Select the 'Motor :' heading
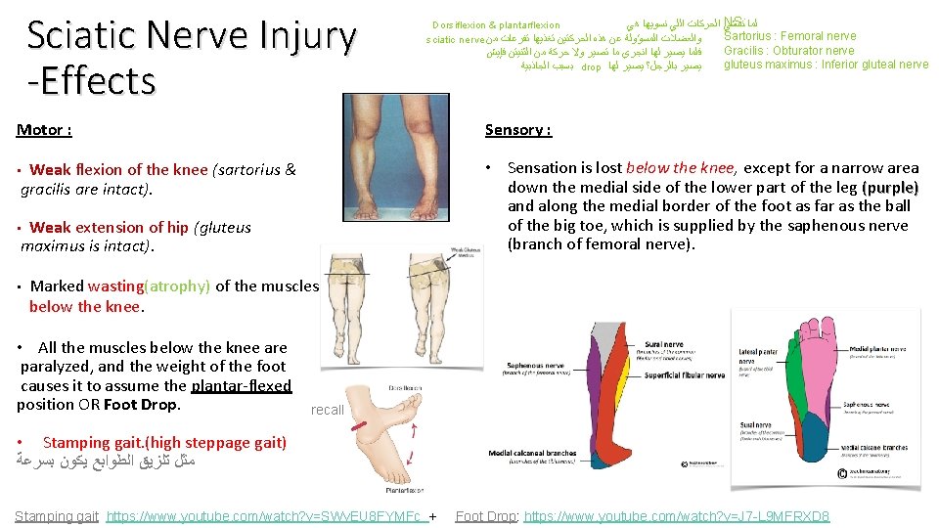click(44, 130)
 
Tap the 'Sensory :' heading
click(518, 130)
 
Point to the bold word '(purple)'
click(890, 187)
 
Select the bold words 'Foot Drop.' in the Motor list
click(142, 404)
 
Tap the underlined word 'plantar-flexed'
click(242, 385)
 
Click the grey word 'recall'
click(328, 410)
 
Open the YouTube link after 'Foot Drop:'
click(677, 515)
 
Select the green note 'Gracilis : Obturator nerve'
click(788, 51)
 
